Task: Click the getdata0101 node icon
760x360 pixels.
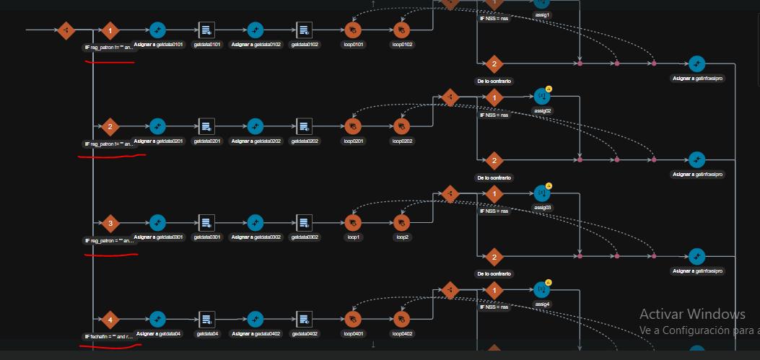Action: pyautogui.click(x=206, y=30)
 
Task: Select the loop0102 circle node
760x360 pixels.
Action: pyautogui.click(x=401, y=30)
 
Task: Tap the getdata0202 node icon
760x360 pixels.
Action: pyautogui.click(x=304, y=126)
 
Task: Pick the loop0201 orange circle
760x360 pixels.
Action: pyautogui.click(x=353, y=126)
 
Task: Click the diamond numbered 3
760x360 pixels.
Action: pyautogui.click(x=110, y=222)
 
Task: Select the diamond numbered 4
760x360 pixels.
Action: pyautogui.click(x=110, y=320)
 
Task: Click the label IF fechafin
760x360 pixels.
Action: pyautogui.click(x=109, y=337)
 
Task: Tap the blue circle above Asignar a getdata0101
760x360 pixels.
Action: pyautogui.click(x=158, y=30)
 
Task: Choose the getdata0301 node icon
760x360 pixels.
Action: pyautogui.click(x=206, y=222)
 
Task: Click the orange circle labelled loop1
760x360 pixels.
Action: pyautogui.click(x=353, y=222)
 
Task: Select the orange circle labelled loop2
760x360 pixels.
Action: pyautogui.click(x=401, y=222)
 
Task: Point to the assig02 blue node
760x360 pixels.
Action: pyautogui.click(x=542, y=96)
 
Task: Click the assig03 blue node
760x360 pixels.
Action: pyautogui.click(x=542, y=193)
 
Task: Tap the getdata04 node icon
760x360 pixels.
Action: pyautogui.click(x=206, y=319)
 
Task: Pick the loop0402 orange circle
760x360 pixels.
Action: pyautogui.click(x=401, y=319)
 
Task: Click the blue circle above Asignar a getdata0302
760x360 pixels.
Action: pyautogui.click(x=255, y=222)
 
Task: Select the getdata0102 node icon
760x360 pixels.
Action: pyautogui.click(x=304, y=30)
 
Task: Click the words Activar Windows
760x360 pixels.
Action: pyautogui.click(x=692, y=314)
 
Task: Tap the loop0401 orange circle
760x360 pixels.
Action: pyautogui.click(x=353, y=319)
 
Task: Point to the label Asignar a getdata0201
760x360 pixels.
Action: pyautogui.click(x=158, y=141)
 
